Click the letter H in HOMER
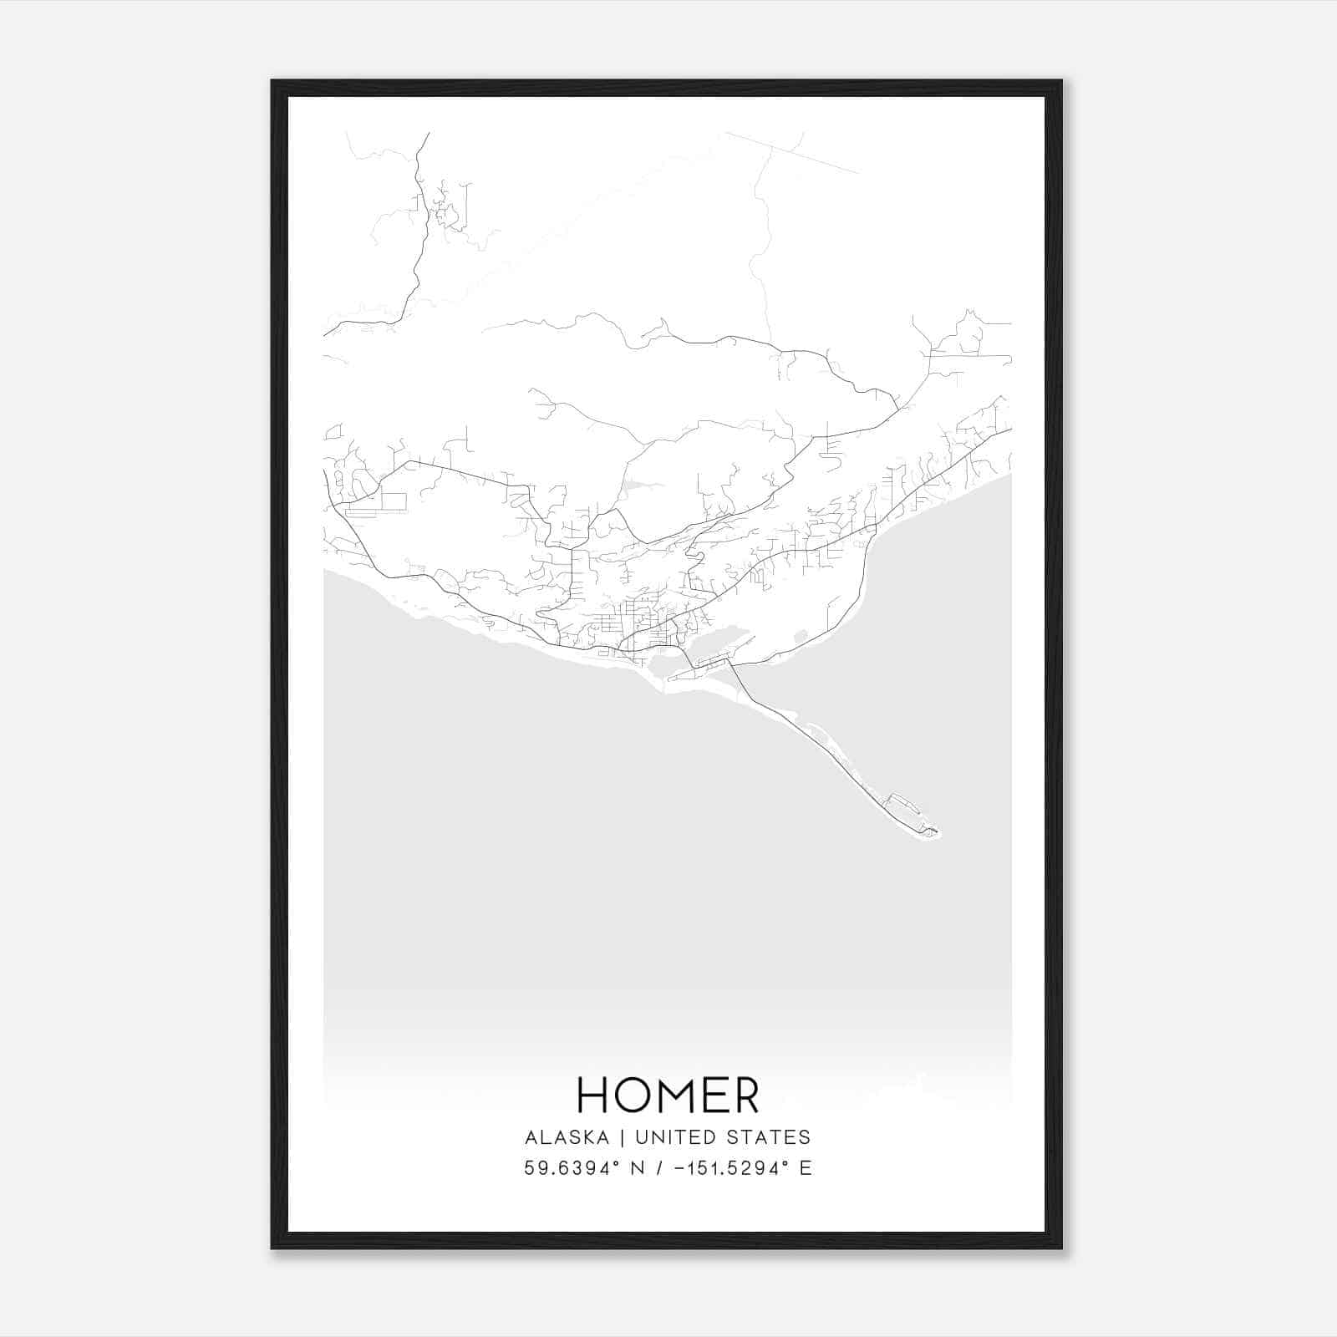pos(592,1096)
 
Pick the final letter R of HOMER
pos(745,1096)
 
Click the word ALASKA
pos(567,1137)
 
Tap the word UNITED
pos(675,1137)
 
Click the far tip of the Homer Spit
pos(936,832)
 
